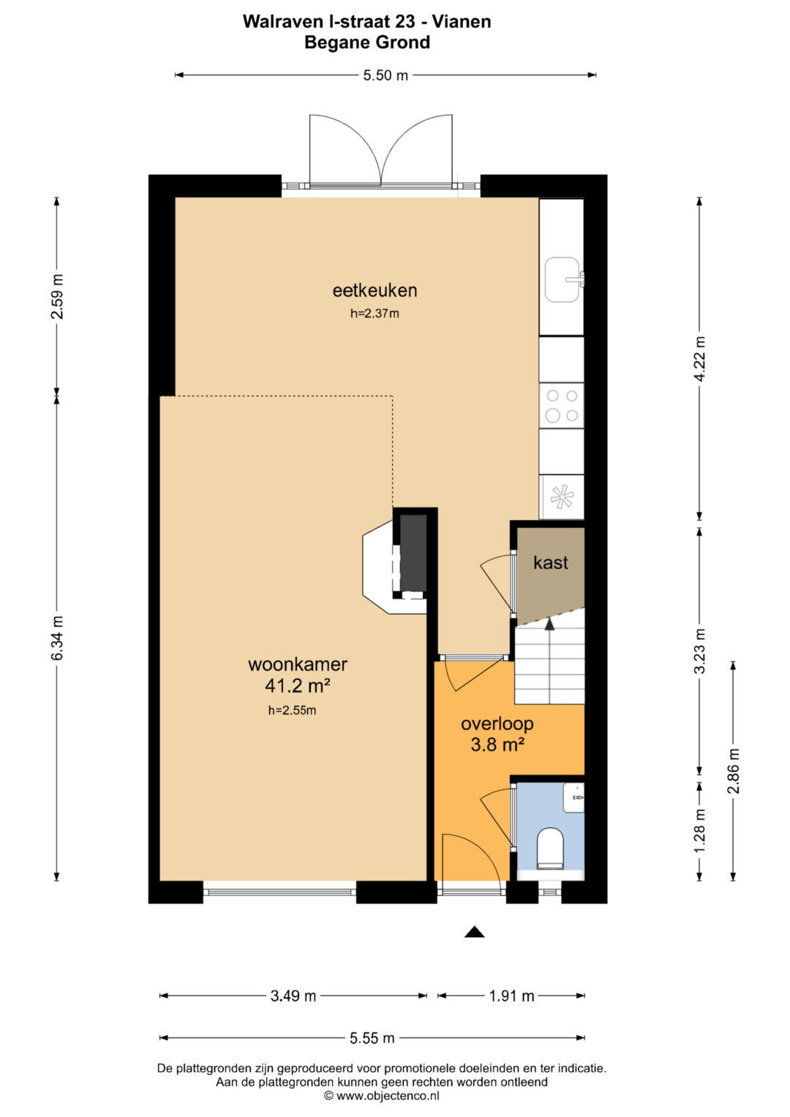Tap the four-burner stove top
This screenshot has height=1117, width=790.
562,405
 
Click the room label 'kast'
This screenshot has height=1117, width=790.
551,563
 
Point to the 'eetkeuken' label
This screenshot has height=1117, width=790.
375,290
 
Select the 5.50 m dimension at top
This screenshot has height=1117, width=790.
385,75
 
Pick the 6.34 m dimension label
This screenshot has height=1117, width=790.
57,639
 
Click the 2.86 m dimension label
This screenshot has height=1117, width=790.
733,770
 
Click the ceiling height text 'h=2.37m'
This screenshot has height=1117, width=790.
375,314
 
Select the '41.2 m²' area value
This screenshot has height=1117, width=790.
298,686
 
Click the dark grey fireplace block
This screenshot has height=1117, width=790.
413,552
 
